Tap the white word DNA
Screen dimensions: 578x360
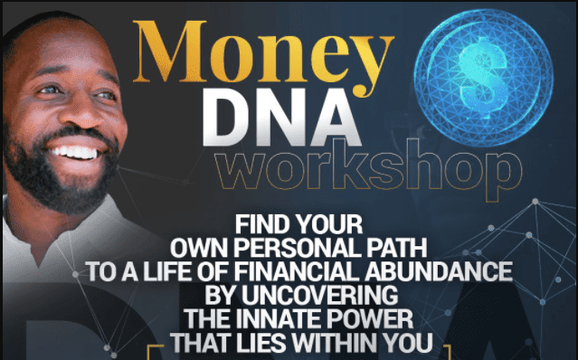coord(281,118)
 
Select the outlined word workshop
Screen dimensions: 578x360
coord(368,169)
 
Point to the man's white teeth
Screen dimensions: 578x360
coord(77,153)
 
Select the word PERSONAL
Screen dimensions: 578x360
coord(298,248)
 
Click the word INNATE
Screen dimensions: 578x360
coord(284,318)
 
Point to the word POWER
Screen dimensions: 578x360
coord(375,318)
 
